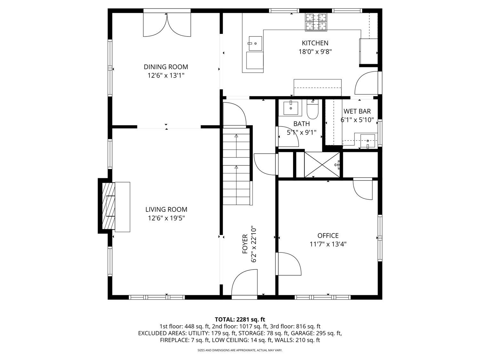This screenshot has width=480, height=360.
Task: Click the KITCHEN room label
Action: (x=315, y=43)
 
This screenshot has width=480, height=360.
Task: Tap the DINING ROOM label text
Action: (x=166, y=67)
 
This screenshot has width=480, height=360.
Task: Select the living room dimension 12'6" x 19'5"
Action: (x=166, y=218)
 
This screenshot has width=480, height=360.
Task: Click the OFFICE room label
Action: (x=328, y=236)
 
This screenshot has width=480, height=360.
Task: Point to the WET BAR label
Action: (x=357, y=111)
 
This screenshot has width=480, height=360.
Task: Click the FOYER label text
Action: (x=245, y=244)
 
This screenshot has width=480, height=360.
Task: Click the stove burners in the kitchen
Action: (x=316, y=22)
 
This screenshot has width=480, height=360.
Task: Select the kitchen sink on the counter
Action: (x=255, y=44)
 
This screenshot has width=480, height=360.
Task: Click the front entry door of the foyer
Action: (x=244, y=284)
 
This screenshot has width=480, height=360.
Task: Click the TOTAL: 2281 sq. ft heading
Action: (x=240, y=319)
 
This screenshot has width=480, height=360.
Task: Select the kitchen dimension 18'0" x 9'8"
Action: (x=315, y=52)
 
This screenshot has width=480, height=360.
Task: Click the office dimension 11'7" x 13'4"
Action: (x=328, y=244)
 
